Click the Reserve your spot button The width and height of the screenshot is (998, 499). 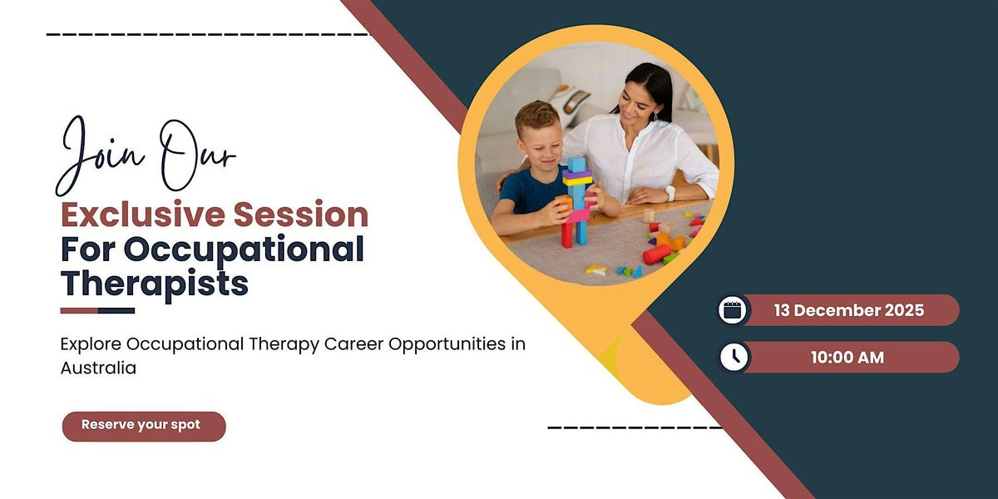143,425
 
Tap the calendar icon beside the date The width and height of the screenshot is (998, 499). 733,310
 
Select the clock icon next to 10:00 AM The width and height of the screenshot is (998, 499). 733,358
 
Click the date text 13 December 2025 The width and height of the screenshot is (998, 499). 848,310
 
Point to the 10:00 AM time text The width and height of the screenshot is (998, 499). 847,358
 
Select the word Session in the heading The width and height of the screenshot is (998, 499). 300,215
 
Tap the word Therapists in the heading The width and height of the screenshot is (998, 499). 155,284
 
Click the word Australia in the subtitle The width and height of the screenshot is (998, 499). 98,368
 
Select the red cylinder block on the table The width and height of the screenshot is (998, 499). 656,254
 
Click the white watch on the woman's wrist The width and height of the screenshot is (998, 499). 670,193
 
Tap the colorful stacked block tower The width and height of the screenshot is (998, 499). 576,200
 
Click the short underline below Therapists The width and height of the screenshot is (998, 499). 97,311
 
